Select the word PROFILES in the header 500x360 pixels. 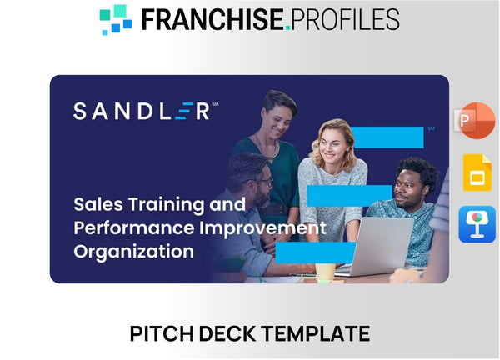346,18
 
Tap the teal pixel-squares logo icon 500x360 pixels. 116,19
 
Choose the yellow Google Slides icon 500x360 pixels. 477,173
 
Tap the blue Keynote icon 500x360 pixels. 477,224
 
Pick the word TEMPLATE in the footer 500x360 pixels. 318,334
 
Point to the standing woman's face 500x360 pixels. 275,110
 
